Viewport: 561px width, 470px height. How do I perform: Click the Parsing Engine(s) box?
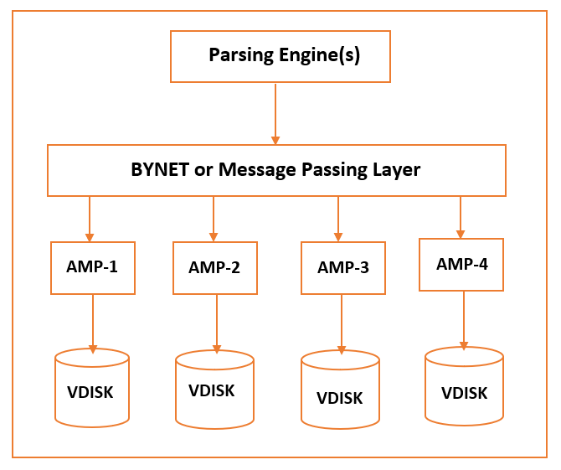click(280, 56)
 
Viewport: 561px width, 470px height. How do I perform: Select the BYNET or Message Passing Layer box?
click(276, 170)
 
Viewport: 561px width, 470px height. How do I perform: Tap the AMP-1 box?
click(93, 267)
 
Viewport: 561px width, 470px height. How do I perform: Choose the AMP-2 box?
click(214, 268)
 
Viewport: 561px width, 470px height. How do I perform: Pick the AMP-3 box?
click(343, 268)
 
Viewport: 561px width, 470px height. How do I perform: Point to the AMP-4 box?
click(461, 264)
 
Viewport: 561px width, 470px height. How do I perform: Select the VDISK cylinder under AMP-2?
click(214, 390)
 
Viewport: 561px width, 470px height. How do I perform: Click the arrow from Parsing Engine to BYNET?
click(275, 113)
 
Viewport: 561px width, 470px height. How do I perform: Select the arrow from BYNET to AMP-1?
click(90, 219)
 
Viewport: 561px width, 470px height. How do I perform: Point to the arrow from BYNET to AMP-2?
click(214, 219)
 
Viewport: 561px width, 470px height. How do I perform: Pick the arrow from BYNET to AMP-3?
click(338, 219)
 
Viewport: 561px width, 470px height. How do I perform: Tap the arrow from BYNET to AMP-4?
click(460, 217)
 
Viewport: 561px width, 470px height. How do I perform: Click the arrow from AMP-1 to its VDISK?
click(92, 323)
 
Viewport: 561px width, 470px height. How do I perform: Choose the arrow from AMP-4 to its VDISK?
click(463, 319)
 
